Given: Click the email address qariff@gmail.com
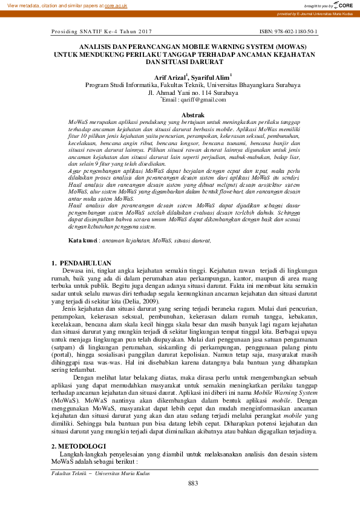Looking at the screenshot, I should coord(192,100).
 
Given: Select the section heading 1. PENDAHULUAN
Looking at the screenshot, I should coord(82,263).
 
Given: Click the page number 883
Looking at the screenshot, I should coord(193,483).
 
